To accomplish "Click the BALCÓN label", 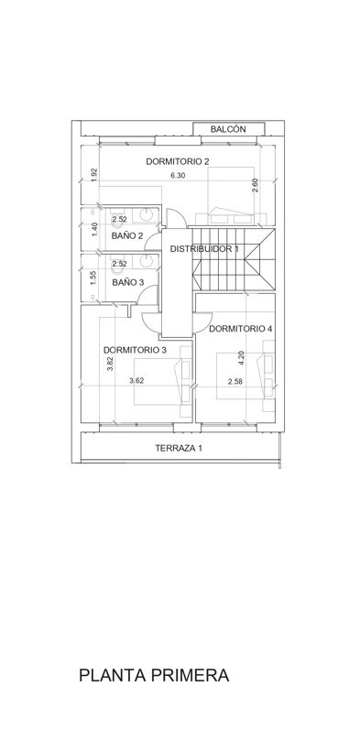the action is click(x=228, y=129).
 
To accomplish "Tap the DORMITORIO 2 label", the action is click(x=178, y=161).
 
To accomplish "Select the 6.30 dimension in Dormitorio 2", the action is click(x=178, y=176).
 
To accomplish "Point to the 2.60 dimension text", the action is click(x=255, y=185).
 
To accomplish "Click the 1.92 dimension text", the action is click(x=94, y=175).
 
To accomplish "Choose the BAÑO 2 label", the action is click(x=127, y=236).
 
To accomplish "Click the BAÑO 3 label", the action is click(x=127, y=282).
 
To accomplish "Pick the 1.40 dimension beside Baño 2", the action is click(x=94, y=230).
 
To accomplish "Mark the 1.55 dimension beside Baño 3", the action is click(x=93, y=278).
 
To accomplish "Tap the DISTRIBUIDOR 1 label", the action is click(x=204, y=249).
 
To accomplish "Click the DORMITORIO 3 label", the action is click(x=135, y=350).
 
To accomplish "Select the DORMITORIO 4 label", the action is click(x=240, y=329).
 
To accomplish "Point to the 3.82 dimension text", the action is click(x=110, y=364).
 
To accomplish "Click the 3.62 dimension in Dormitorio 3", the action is click(x=136, y=381).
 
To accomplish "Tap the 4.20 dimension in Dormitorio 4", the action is click(x=241, y=357).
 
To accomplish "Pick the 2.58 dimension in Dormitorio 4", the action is click(x=235, y=382).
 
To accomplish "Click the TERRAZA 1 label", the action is click(x=179, y=449).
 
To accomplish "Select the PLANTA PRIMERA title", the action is click(x=154, y=675).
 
